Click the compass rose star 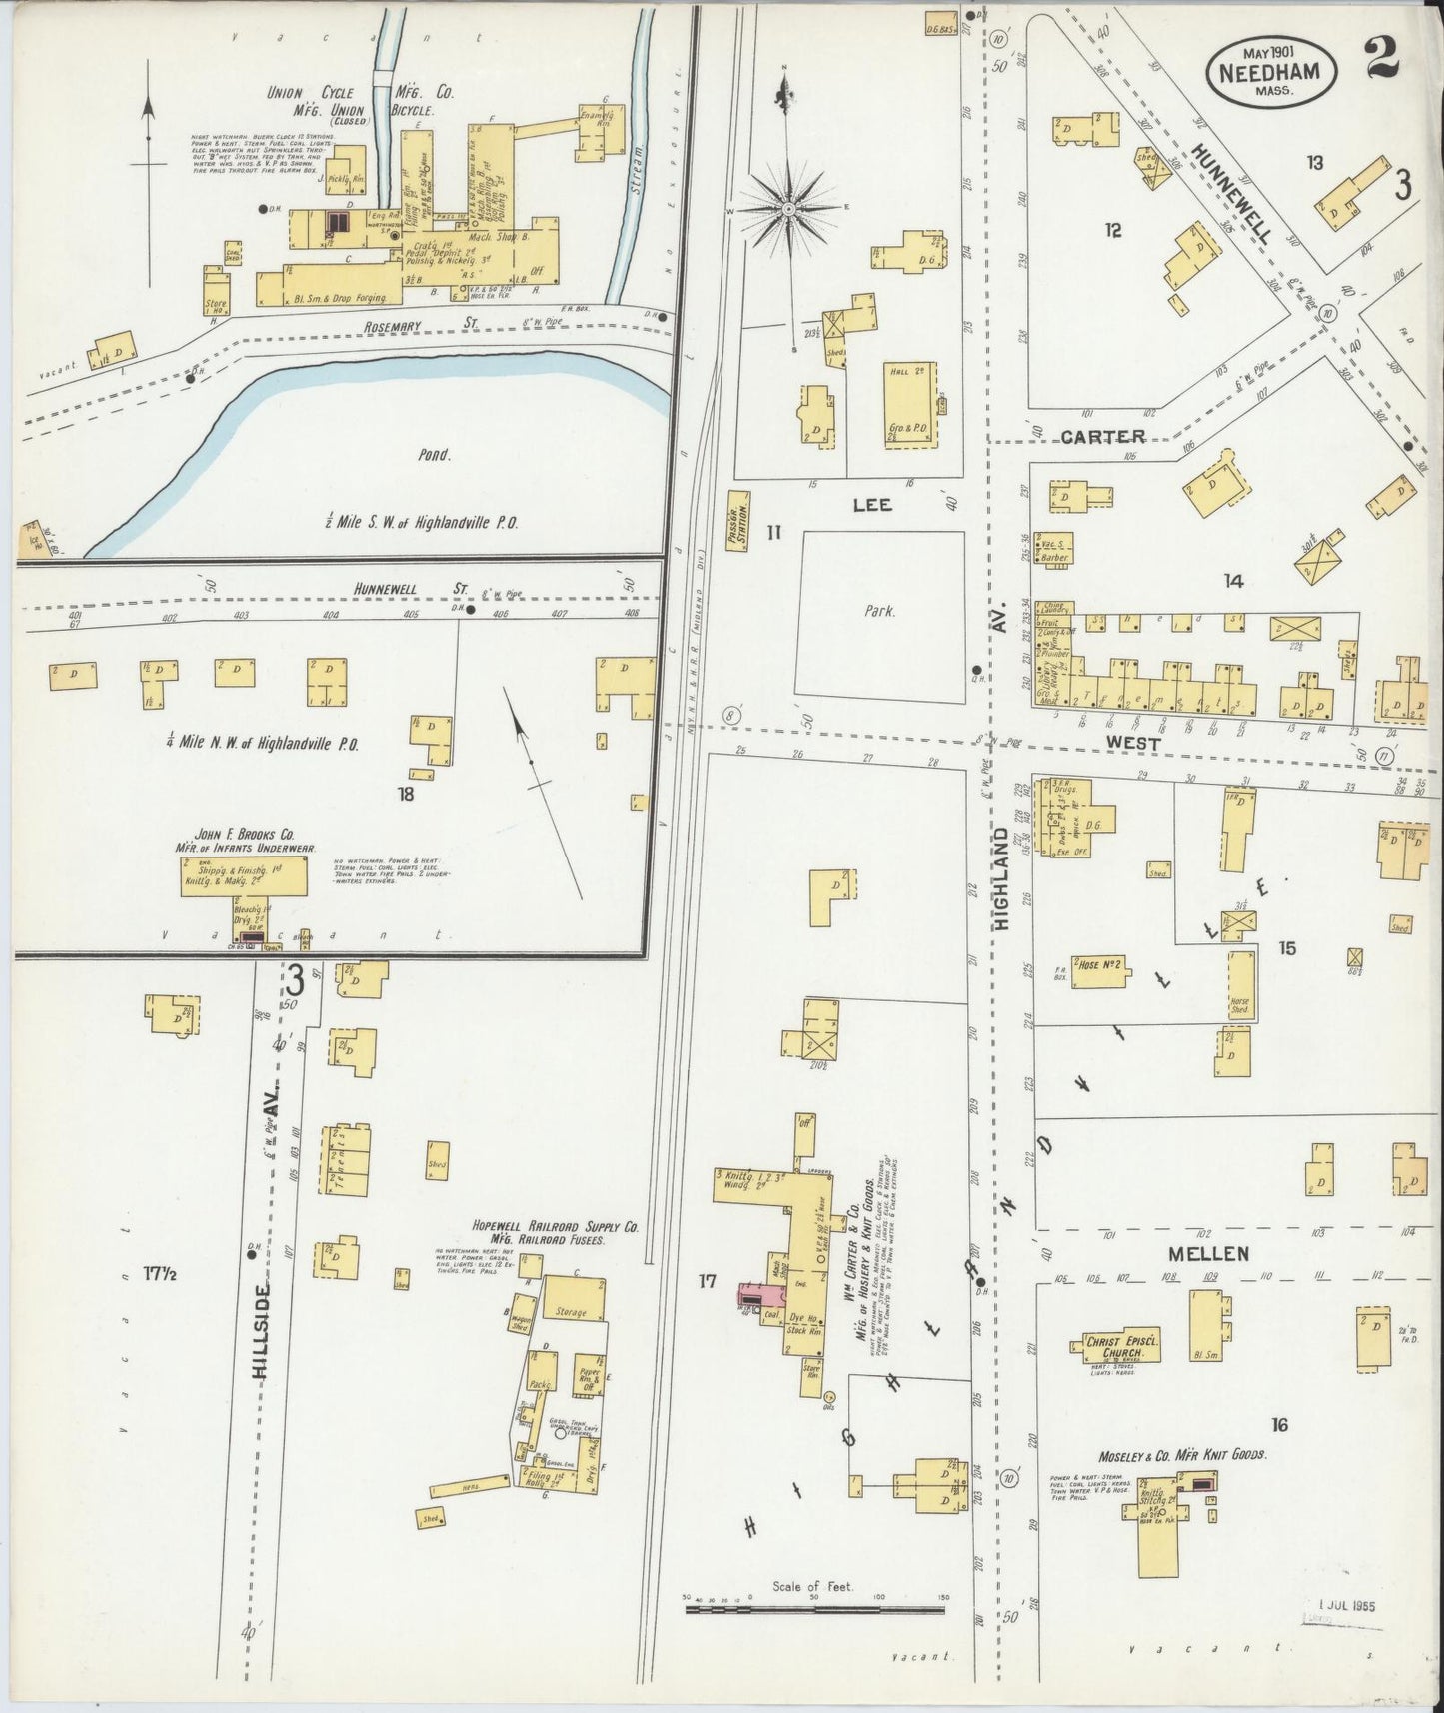coord(788,208)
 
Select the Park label coord(879,611)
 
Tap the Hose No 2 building coord(1099,965)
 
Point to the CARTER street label coord(1102,437)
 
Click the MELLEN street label coord(1209,1253)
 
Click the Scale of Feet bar coord(814,1610)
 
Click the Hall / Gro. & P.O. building coord(910,404)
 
